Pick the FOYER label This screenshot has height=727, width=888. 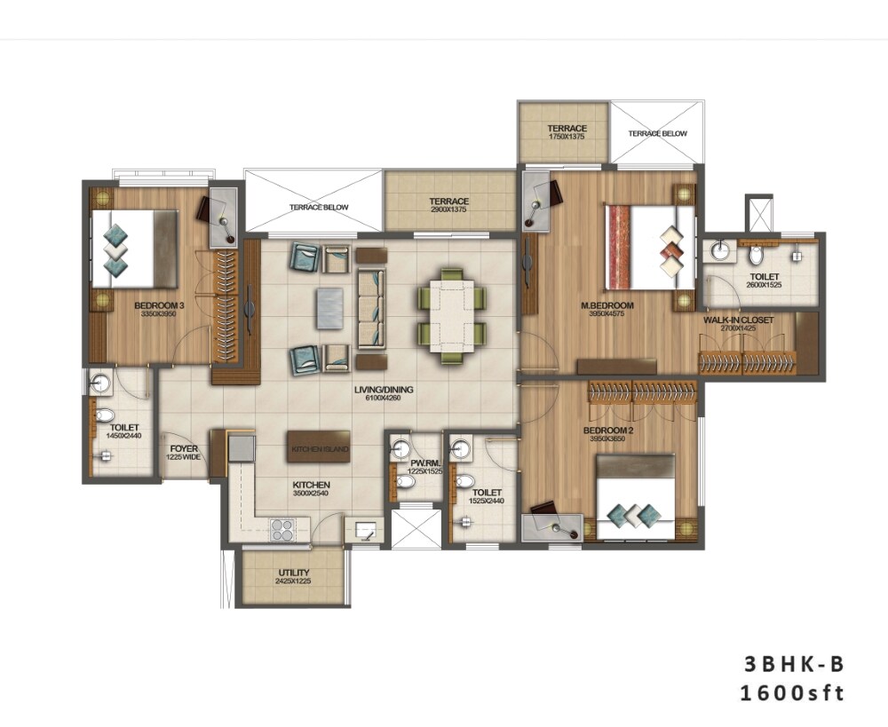point(184,449)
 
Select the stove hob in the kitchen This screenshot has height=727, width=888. point(283,529)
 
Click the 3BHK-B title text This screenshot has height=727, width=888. point(792,663)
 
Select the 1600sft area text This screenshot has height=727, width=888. point(792,693)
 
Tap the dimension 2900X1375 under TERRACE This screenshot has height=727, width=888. point(448,211)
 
